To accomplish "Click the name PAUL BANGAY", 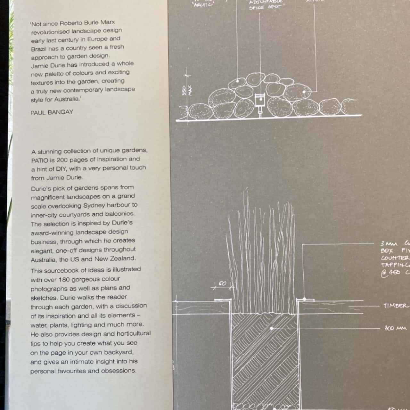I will click(52, 112).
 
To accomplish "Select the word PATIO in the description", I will click(39, 160).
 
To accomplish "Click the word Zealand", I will click(122, 258).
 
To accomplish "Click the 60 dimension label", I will click(222, 284).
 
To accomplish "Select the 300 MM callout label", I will click(395, 328).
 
